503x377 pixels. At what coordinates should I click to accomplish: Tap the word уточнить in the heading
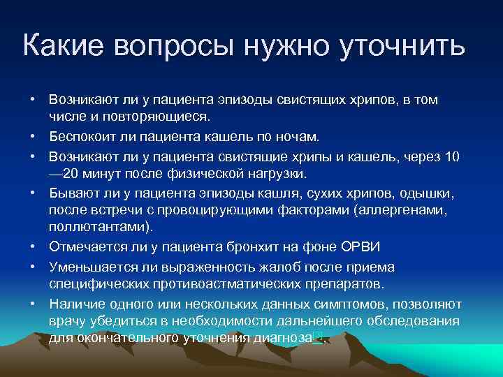coord(402,46)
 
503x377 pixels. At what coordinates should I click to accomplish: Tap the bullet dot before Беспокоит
coord(33,135)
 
